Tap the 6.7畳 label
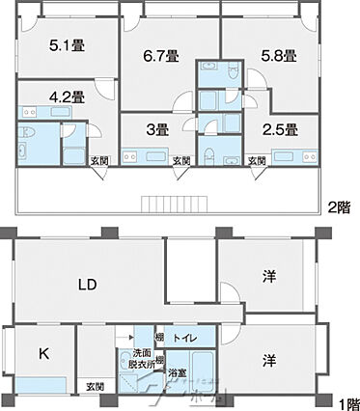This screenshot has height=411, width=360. pyautogui.click(x=160, y=57)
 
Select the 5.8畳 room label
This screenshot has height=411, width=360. pyautogui.click(x=278, y=57)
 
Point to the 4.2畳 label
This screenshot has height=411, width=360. pyautogui.click(x=67, y=96)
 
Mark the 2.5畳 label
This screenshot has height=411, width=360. pyautogui.click(x=279, y=128)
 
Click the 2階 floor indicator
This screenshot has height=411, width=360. pyautogui.click(x=339, y=205)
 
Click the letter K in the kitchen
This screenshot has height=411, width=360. pyautogui.click(x=43, y=353)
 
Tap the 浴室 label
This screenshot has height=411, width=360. pyautogui.click(x=177, y=371)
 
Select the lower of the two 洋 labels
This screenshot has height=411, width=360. pyautogui.click(x=271, y=359)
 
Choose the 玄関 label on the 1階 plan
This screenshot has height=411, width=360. pyautogui.click(x=95, y=387)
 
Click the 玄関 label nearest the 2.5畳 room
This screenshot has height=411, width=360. pyautogui.click(x=257, y=160)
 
